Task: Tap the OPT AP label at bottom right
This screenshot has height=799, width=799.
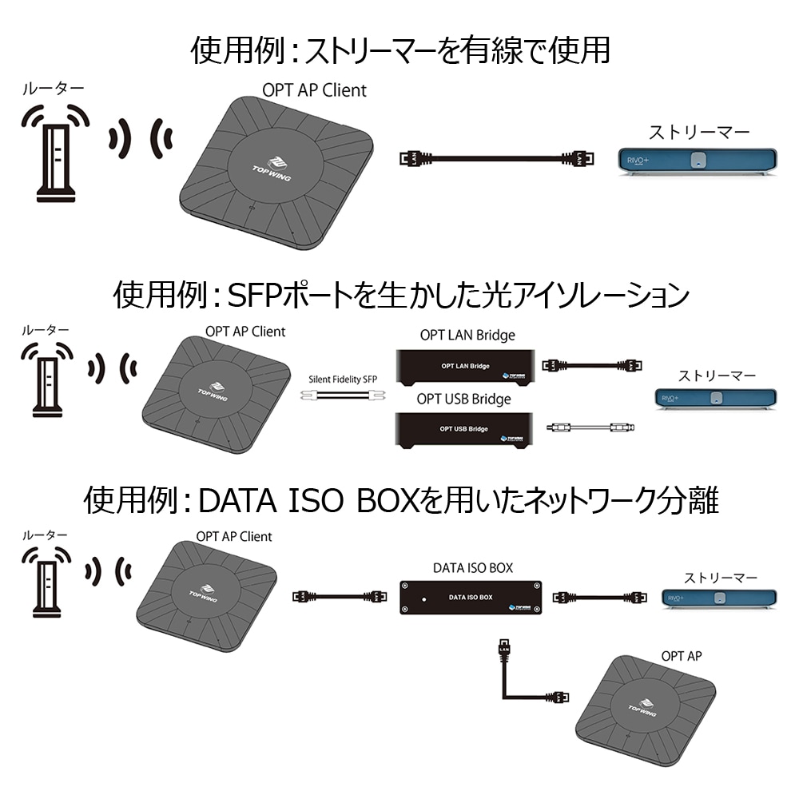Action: [682, 656]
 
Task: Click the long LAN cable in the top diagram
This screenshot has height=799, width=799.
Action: [495, 158]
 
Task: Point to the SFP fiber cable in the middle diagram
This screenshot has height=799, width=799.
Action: [342, 396]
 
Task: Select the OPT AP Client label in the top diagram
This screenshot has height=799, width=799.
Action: [314, 90]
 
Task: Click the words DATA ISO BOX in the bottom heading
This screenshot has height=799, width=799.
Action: [308, 501]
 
